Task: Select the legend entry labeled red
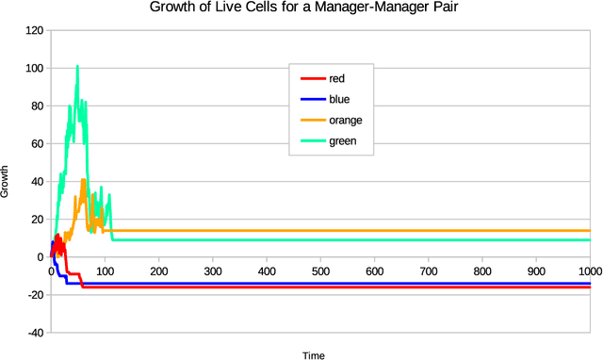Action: (x=336, y=79)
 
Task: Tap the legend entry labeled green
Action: (x=341, y=141)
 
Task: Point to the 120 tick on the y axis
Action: (x=35, y=30)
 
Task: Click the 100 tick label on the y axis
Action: (x=35, y=68)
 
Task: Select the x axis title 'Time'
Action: (x=313, y=355)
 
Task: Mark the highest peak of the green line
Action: (x=77, y=66)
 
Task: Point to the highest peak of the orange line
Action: (x=83, y=179)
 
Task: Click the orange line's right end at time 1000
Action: (x=589, y=230)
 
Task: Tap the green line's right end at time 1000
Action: (x=589, y=239)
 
